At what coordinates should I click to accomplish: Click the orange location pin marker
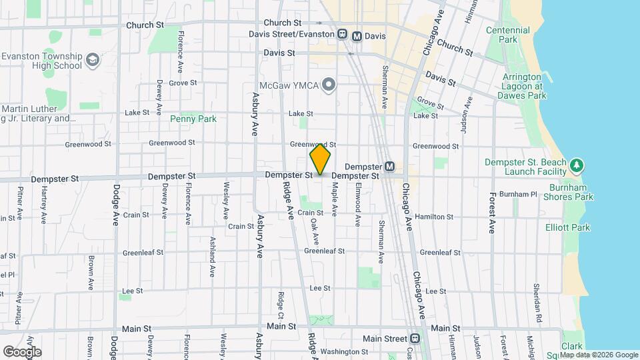click(320, 159)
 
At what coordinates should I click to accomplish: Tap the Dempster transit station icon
click(390, 166)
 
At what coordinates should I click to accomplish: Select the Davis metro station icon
click(357, 35)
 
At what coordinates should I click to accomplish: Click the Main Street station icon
click(415, 339)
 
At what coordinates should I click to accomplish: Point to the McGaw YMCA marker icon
click(328, 85)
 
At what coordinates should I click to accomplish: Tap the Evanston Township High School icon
click(92, 61)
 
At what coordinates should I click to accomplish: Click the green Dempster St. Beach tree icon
click(577, 164)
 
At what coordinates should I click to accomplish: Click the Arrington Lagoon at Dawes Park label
click(523, 86)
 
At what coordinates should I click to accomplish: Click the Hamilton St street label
click(433, 217)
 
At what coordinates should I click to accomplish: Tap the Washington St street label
click(344, 351)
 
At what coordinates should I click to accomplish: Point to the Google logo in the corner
click(22, 352)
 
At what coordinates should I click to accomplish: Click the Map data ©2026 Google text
click(603, 355)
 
